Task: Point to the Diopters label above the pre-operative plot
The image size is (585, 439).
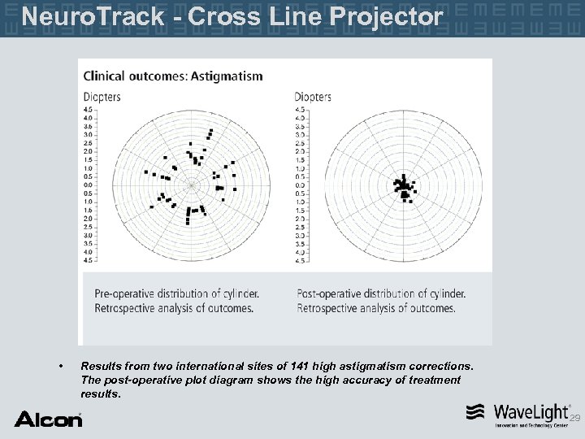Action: tap(102, 97)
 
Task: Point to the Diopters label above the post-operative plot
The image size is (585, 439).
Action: tap(313, 97)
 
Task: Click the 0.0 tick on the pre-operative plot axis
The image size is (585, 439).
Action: tap(89, 185)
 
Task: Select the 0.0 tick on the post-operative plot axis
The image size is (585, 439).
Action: tap(300, 185)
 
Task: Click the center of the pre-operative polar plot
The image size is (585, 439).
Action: tap(192, 185)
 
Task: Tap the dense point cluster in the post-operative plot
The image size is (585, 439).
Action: tap(404, 187)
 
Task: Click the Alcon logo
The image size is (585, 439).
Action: tap(48, 419)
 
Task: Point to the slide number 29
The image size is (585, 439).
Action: tap(575, 418)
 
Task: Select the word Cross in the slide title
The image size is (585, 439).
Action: tap(217, 16)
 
